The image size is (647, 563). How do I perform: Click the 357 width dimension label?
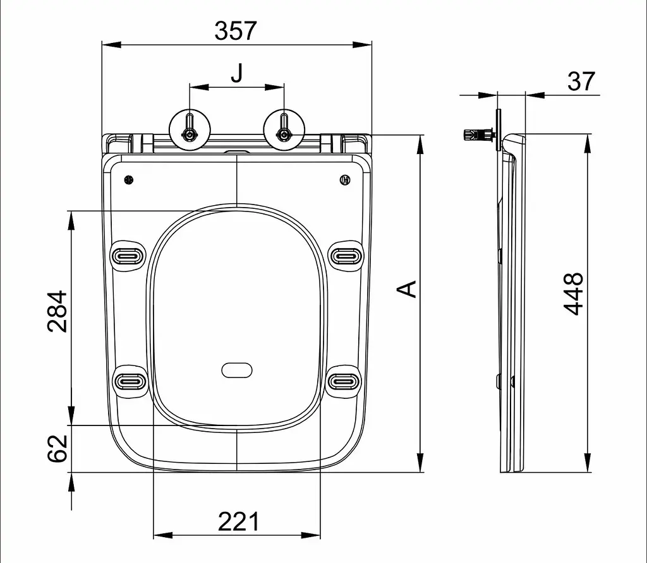(x=236, y=30)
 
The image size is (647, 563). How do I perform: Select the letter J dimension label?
(x=237, y=73)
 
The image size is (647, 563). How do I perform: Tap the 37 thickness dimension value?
(x=581, y=81)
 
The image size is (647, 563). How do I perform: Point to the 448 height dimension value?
(x=574, y=293)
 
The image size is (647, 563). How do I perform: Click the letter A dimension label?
(x=407, y=289)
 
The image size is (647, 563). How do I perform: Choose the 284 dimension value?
(x=57, y=311)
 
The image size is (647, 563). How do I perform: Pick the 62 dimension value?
(x=57, y=448)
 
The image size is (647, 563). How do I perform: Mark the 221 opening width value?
(x=238, y=522)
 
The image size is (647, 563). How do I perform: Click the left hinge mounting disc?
(x=190, y=129)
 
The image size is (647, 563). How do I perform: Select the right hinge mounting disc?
(x=284, y=129)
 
